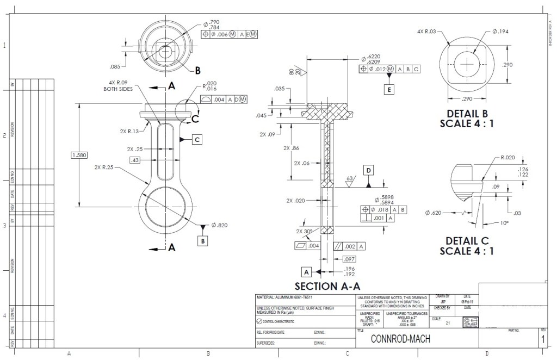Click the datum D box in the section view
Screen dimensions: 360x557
point(369,171)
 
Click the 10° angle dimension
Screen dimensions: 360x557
point(506,223)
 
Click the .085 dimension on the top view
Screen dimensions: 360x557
point(115,67)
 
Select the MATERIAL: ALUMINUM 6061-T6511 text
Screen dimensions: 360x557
point(289,297)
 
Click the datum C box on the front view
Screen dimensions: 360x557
point(197,140)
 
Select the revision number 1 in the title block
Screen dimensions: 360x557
point(542,339)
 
